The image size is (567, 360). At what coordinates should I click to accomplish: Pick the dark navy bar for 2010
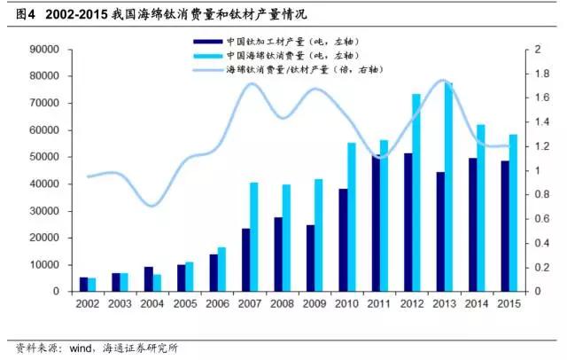(x=342, y=239)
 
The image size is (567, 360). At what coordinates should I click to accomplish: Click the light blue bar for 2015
(x=513, y=213)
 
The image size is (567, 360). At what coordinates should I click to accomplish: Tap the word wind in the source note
(x=77, y=348)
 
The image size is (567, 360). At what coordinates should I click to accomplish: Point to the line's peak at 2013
(x=442, y=81)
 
